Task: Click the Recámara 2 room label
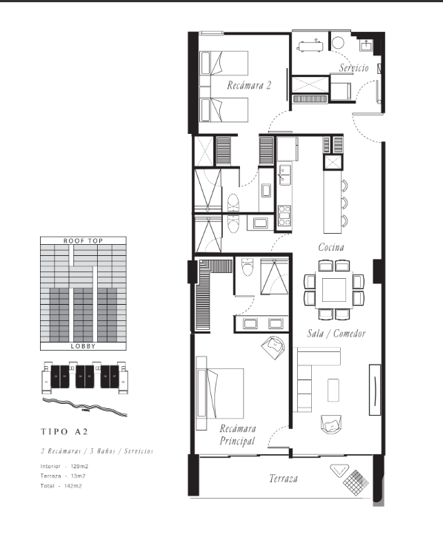pos(250,85)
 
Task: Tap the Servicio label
pos(353,68)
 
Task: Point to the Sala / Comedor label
pos(336,334)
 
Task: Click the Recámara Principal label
pos(238,435)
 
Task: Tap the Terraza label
pos(283,479)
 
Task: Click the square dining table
pos(334,288)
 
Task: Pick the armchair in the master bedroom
pos(272,344)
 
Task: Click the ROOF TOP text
pos(82,240)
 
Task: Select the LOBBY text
pos(82,346)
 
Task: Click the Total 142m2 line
pos(60,486)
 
